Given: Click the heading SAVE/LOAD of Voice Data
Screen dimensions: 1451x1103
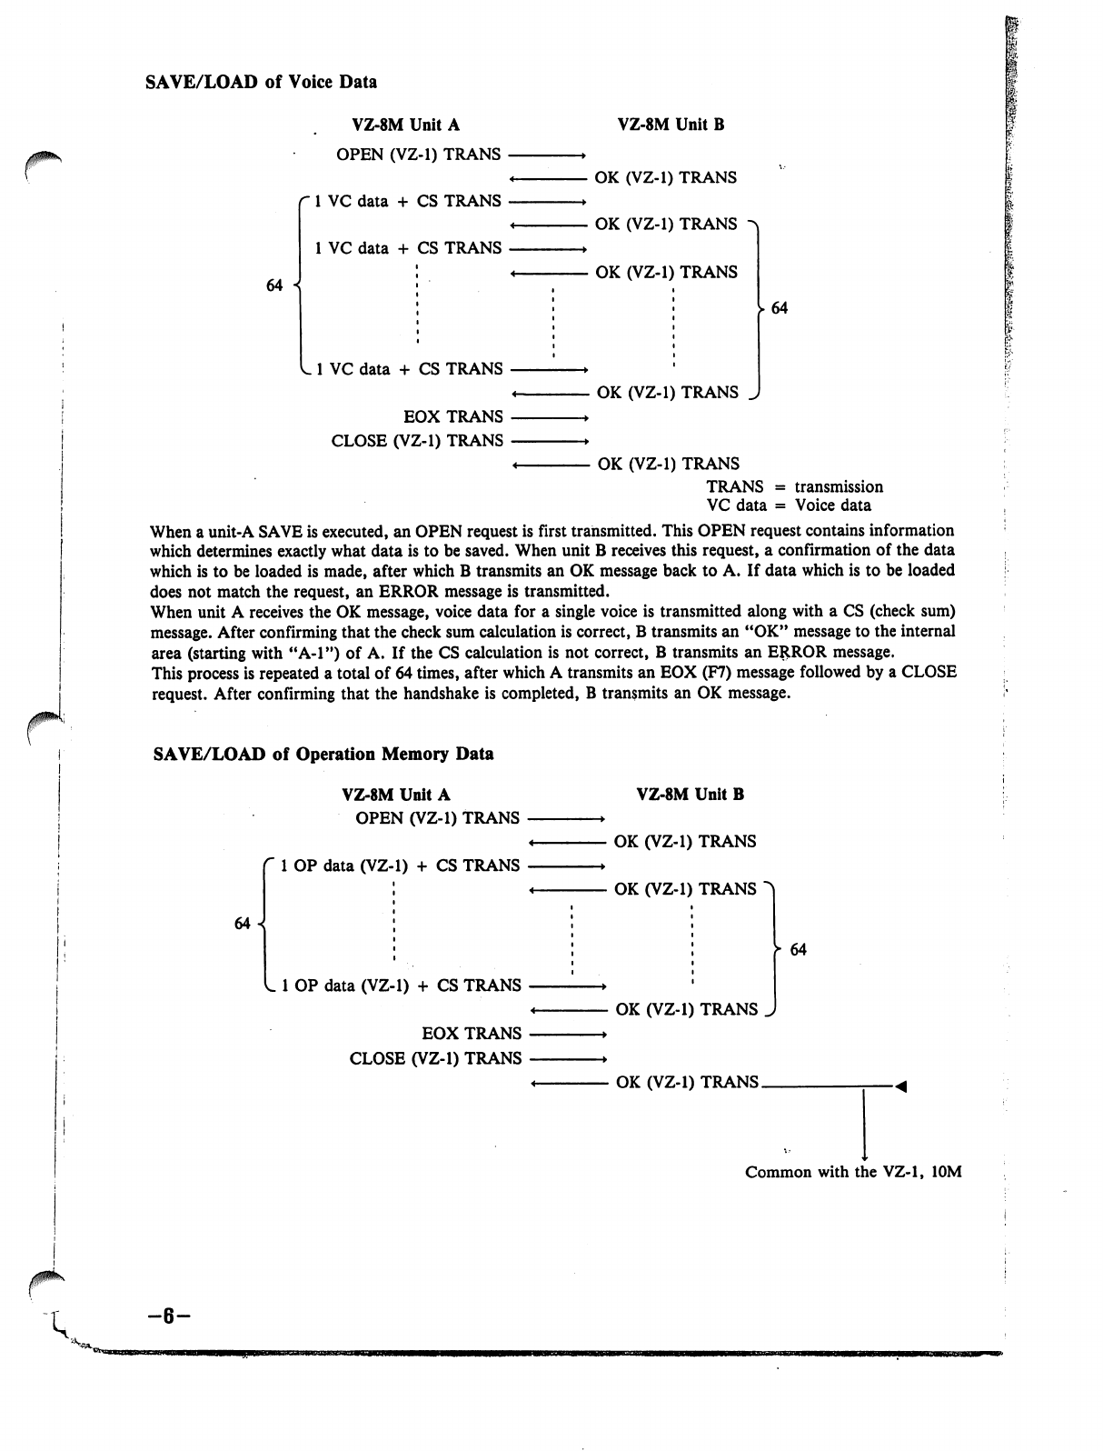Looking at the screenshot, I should point(261,82).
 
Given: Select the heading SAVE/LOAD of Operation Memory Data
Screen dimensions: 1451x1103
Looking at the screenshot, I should point(323,754).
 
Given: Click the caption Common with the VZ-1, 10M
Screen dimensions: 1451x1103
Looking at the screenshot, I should point(852,1172).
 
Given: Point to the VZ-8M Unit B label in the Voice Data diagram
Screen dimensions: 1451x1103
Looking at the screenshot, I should point(671,125).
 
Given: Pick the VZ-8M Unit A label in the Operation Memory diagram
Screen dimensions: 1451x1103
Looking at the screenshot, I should point(396,795).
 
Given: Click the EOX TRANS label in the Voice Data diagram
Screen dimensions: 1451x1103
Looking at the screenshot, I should point(452,416).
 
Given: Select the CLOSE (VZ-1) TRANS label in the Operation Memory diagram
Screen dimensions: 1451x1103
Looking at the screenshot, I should point(435,1058).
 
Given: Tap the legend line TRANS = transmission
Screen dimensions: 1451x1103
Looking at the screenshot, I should point(794,486).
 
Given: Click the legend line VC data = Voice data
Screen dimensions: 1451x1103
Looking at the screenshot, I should point(789,505).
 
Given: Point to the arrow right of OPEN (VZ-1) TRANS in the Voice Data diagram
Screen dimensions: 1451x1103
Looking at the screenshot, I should point(546,155).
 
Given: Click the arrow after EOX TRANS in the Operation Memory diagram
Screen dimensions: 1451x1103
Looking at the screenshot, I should point(567,1035).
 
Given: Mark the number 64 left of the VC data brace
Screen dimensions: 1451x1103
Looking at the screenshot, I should point(274,285).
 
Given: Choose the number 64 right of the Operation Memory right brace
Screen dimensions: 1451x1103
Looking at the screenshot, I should point(798,950).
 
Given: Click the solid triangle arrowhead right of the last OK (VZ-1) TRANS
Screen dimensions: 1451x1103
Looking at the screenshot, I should point(901,1085).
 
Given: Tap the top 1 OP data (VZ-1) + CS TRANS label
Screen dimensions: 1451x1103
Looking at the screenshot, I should point(401,866).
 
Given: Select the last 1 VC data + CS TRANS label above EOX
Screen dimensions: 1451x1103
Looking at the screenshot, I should point(409,369).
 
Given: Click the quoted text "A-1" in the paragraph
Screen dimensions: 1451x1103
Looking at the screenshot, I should point(291,653).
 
